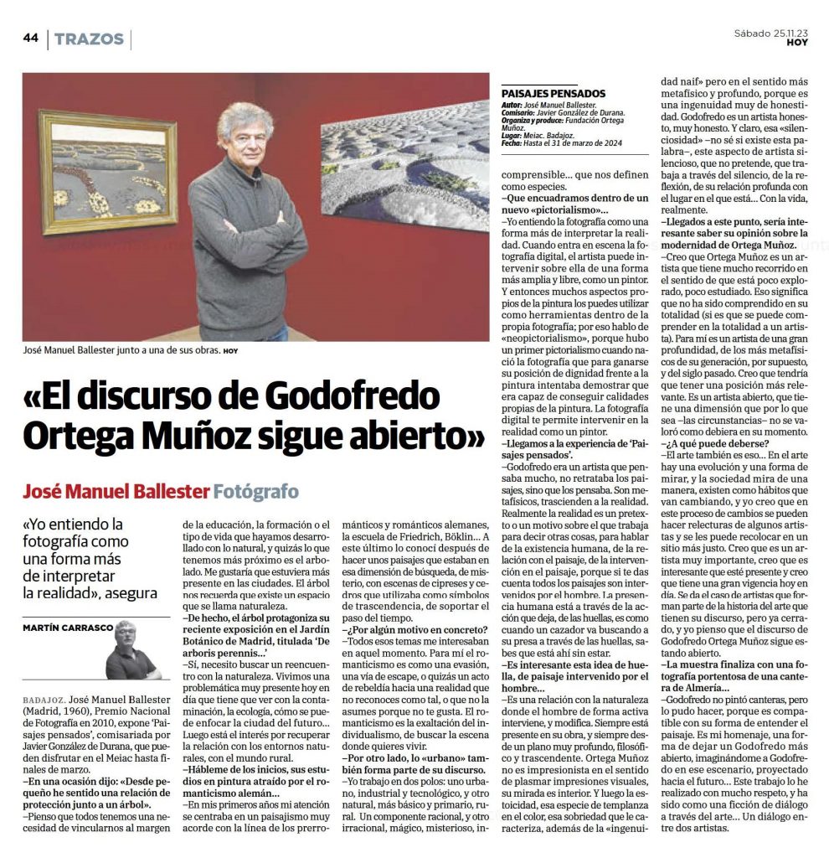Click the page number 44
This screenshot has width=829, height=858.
[x=30, y=39]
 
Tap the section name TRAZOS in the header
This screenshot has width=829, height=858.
[x=89, y=39]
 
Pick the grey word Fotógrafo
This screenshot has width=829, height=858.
[x=255, y=490]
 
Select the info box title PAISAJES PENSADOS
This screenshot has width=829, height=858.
[x=553, y=94]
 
